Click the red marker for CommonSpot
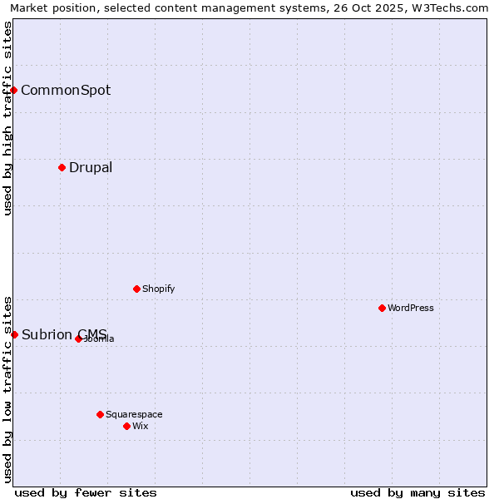click(x=14, y=90)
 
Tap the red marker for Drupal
click(x=62, y=167)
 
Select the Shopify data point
click(x=137, y=289)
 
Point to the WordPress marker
click(x=383, y=308)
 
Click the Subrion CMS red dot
click(x=14, y=334)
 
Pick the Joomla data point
click(x=79, y=338)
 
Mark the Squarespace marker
click(x=101, y=414)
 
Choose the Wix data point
click(x=127, y=426)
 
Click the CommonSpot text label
click(x=66, y=90)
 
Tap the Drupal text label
click(x=91, y=167)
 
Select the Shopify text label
click(x=158, y=289)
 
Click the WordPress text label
click(x=411, y=308)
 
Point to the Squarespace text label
click(x=134, y=414)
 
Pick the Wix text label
click(x=141, y=426)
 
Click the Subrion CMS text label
click(x=64, y=334)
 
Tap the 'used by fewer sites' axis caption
click(x=86, y=492)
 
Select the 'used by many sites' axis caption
click(x=417, y=492)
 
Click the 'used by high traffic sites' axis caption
click(x=7, y=118)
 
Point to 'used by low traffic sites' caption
click(x=7, y=389)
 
